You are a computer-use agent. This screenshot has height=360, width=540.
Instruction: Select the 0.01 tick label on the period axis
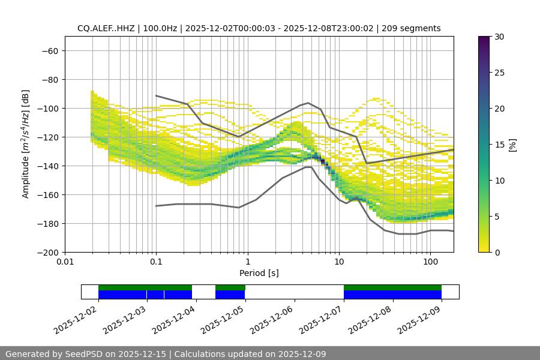tap(65, 262)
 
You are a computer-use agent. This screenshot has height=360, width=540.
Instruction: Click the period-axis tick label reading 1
tap(248, 262)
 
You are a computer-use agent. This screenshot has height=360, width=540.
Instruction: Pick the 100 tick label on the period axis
tap(430, 262)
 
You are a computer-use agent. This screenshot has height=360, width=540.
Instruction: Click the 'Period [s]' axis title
tap(259, 273)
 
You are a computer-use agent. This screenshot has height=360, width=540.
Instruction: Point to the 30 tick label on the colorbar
tap(499, 37)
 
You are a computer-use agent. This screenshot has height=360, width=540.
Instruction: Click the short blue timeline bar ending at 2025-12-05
tap(230, 295)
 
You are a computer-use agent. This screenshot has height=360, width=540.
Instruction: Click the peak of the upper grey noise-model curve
tap(308, 103)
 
